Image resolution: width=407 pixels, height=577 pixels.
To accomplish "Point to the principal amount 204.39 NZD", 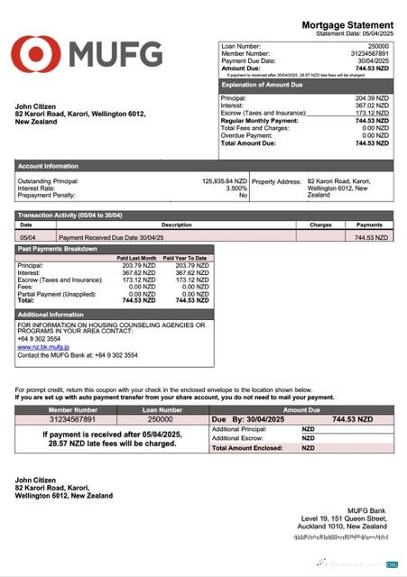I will (372, 97).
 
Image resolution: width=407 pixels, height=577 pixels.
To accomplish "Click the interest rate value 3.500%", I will (235, 188).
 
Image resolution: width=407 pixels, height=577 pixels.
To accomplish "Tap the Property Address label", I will (276, 181).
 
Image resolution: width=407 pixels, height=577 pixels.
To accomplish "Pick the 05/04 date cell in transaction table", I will (27, 237).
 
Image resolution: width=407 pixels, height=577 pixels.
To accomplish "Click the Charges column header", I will (320, 224).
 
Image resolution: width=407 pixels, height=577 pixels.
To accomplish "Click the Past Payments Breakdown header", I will (59, 248).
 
